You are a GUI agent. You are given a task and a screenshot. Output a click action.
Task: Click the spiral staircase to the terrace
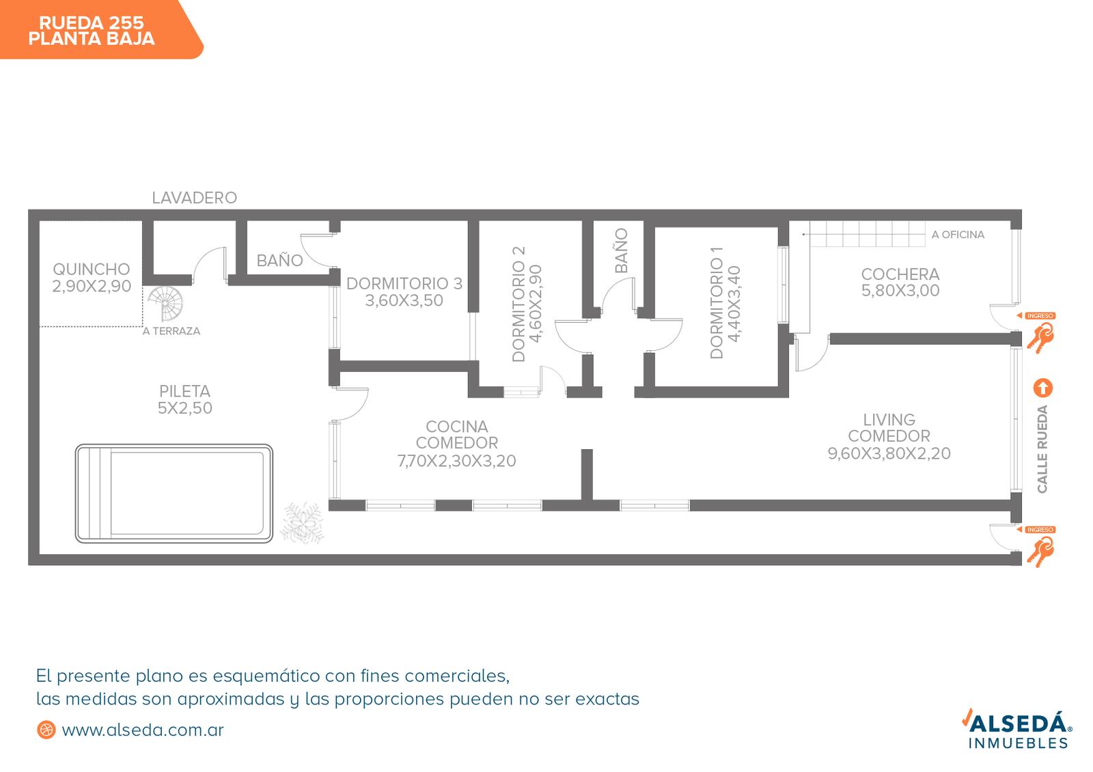coord(166,303)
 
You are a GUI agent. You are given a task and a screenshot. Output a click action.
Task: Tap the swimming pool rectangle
coord(174,494)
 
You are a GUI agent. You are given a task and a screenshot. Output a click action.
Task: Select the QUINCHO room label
coord(92,269)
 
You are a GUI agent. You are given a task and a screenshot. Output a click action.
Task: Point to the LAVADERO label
coord(194,197)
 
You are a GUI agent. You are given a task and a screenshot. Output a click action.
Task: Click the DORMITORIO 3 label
coord(404,283)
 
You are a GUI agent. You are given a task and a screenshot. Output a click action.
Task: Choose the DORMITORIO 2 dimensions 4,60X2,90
coord(536,304)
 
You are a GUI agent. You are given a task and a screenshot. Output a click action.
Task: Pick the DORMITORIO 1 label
coord(717,303)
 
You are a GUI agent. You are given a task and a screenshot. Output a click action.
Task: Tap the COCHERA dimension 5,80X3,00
coord(900,290)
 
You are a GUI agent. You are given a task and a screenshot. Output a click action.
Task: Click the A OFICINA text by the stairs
coord(958,235)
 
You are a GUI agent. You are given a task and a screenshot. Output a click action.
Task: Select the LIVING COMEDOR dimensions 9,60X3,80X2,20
coord(889,453)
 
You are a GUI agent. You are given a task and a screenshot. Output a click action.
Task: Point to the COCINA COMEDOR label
coord(457,435)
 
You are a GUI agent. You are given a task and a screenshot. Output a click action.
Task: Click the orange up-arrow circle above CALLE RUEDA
coord(1042,388)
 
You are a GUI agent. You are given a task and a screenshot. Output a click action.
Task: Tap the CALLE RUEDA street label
coord(1042,449)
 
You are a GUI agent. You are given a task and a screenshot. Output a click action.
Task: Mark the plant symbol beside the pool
coord(303,523)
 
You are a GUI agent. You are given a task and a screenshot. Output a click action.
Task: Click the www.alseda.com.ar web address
coord(143,730)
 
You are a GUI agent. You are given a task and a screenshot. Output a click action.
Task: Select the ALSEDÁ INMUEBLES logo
coord(1017,728)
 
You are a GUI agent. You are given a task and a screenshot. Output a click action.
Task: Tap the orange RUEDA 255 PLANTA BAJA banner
coord(102,29)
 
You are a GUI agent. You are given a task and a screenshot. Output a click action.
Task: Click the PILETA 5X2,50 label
coord(185,399)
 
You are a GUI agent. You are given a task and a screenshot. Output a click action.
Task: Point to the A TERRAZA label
coord(171,331)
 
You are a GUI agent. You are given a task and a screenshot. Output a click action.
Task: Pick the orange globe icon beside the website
coord(46,730)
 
